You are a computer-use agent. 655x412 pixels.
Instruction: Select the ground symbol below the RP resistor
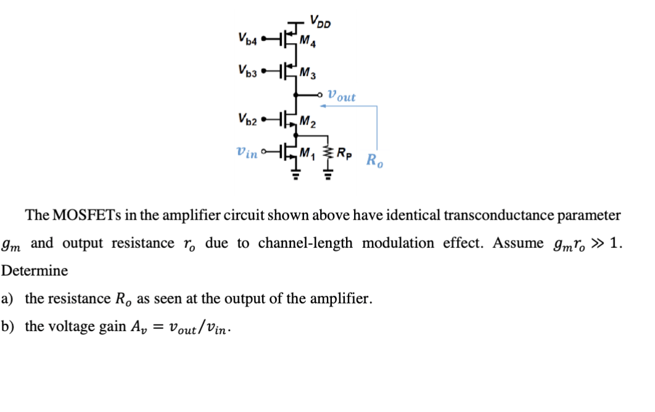tap(327, 174)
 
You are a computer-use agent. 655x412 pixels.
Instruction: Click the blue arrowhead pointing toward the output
tap(322, 106)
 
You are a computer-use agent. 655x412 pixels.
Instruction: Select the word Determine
tap(35, 271)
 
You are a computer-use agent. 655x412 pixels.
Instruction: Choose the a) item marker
tap(7, 299)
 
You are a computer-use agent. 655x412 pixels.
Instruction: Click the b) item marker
tap(7, 326)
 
